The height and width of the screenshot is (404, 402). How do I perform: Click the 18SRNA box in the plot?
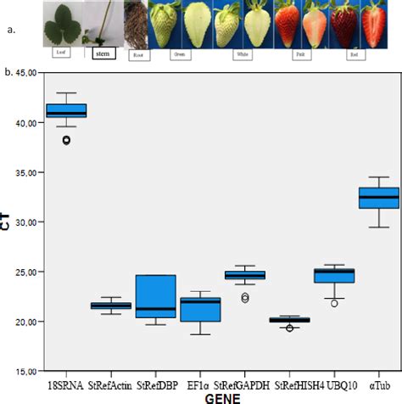click(66, 110)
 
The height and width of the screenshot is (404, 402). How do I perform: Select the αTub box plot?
click(379, 197)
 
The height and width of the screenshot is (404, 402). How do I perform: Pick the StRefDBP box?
click(155, 295)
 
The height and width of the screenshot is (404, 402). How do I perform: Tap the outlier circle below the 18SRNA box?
click(65, 140)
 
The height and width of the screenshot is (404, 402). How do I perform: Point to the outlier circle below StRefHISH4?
click(289, 328)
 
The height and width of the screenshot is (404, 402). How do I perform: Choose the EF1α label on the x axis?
click(201, 384)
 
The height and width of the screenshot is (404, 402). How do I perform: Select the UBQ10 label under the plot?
click(335, 384)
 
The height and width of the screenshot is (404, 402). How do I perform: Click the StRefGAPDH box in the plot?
click(245, 275)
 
